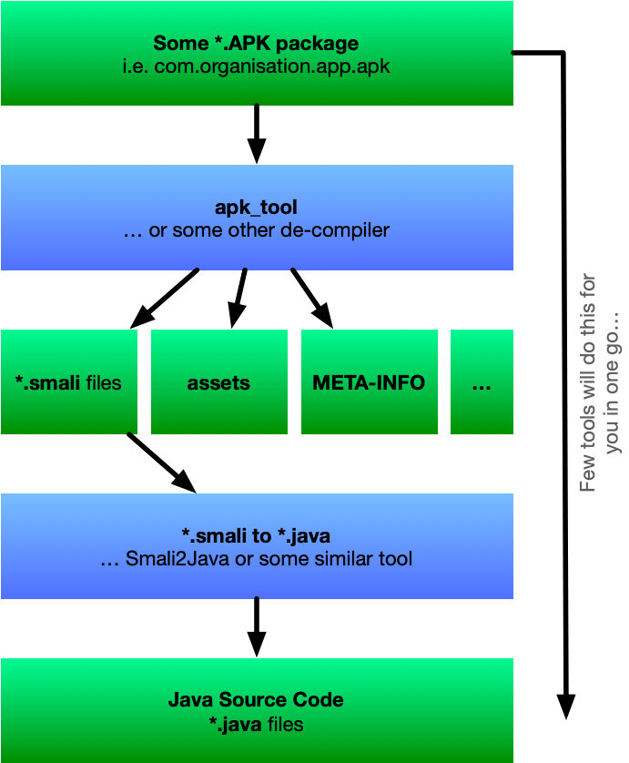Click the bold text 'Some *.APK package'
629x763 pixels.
tap(256, 43)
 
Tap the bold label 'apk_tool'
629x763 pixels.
tap(256, 208)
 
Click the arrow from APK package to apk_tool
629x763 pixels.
tap(257, 133)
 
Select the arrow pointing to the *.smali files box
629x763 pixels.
tap(165, 298)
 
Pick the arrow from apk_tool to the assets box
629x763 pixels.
tap(238, 297)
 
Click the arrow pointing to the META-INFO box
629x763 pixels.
tap(312, 298)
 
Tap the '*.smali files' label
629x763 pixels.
tap(68, 382)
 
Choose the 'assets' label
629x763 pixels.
tap(218, 382)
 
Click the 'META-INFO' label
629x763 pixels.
tap(369, 382)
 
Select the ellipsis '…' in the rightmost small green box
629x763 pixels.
tap(482, 382)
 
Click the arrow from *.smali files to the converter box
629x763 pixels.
tap(161, 463)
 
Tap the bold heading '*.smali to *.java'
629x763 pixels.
tap(256, 535)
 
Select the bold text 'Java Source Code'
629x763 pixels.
tap(256, 700)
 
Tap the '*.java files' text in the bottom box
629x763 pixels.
tap(256, 725)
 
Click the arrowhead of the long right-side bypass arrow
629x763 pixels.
tap(565, 706)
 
